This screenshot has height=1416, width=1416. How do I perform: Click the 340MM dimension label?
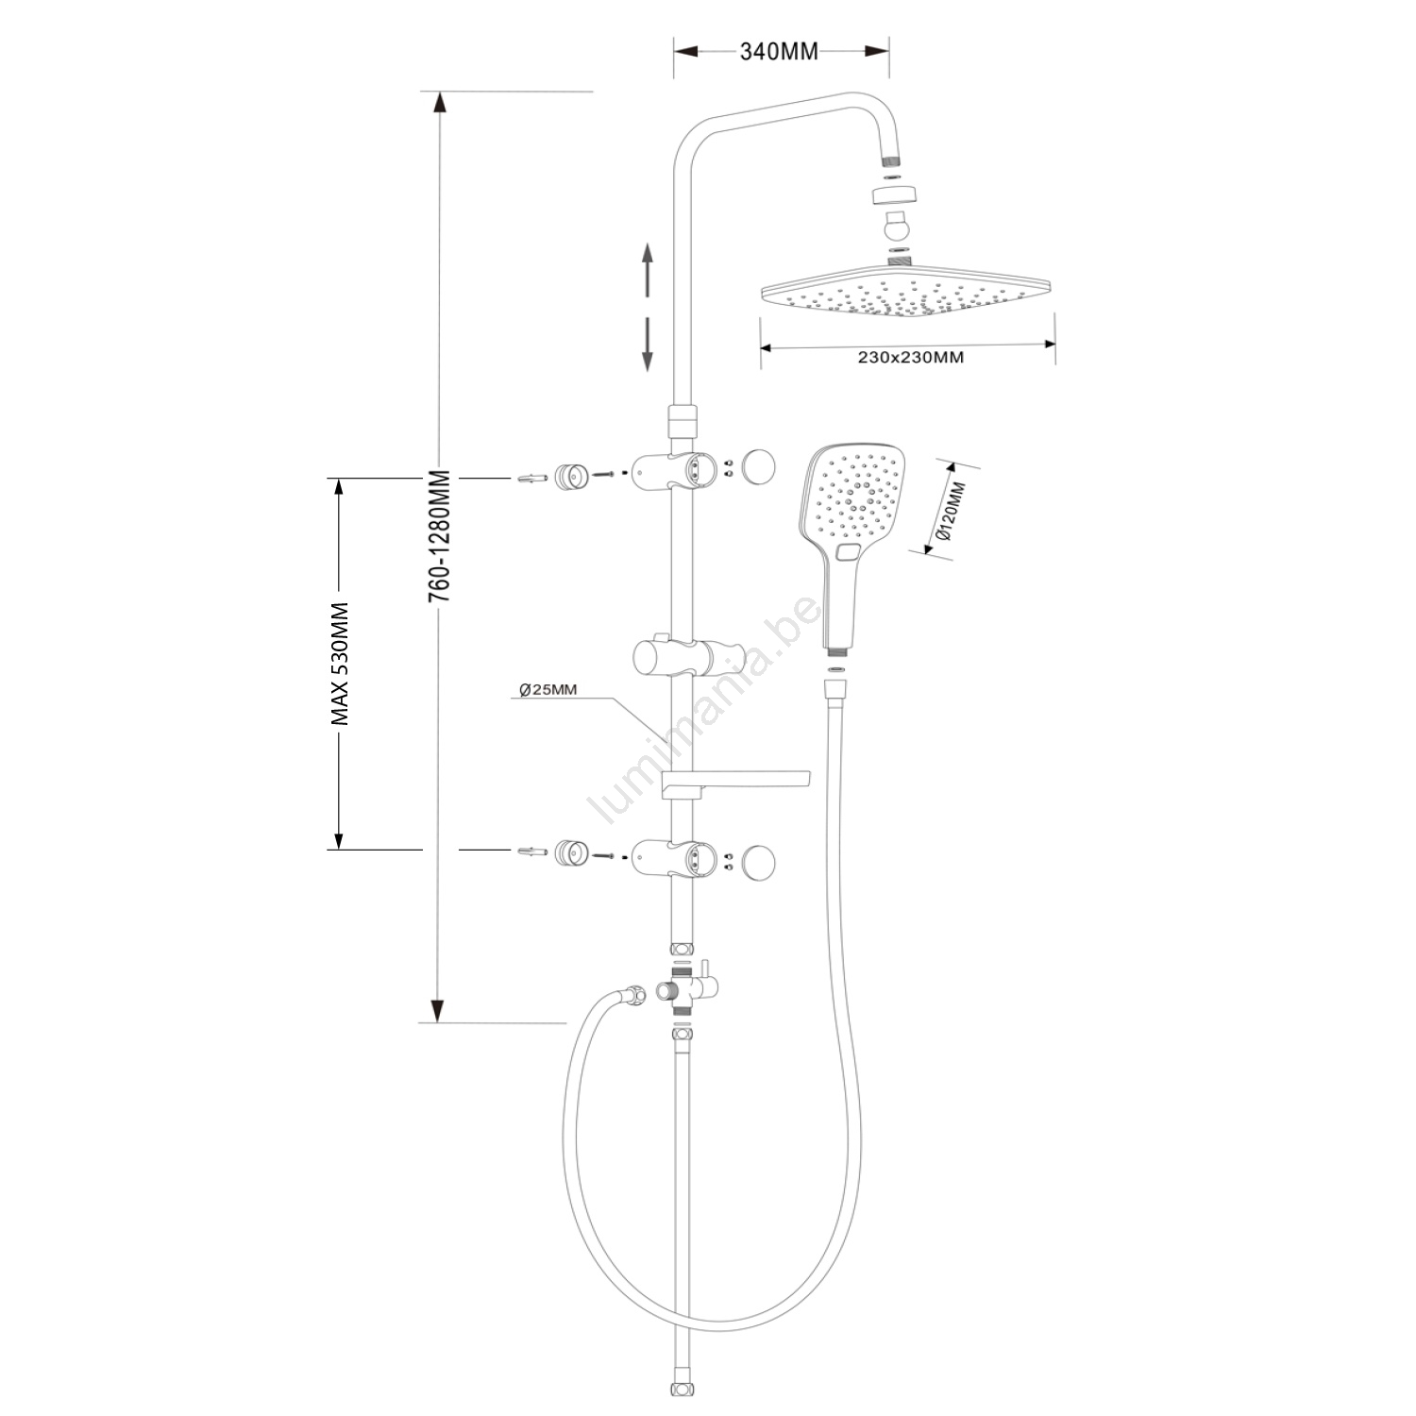click(779, 52)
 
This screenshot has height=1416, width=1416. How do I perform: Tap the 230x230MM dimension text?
click(911, 358)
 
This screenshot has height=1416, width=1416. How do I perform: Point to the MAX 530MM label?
click(340, 664)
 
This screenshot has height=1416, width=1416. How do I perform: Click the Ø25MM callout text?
click(548, 690)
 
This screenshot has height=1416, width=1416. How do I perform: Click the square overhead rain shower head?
click(908, 295)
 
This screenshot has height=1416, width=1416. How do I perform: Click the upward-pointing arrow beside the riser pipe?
click(648, 272)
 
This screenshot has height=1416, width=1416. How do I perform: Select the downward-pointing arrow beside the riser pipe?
click(648, 344)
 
